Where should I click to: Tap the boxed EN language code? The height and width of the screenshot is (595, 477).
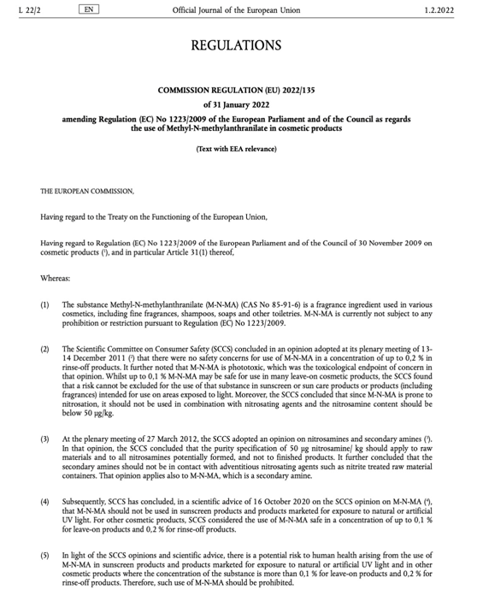pos(87,9)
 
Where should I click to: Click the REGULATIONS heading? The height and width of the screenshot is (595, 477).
pos(236,45)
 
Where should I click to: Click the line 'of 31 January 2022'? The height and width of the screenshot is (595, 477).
pos(236,104)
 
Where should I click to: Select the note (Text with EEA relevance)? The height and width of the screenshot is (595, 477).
pos(236,149)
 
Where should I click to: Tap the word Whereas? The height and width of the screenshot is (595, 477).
pos(58,279)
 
